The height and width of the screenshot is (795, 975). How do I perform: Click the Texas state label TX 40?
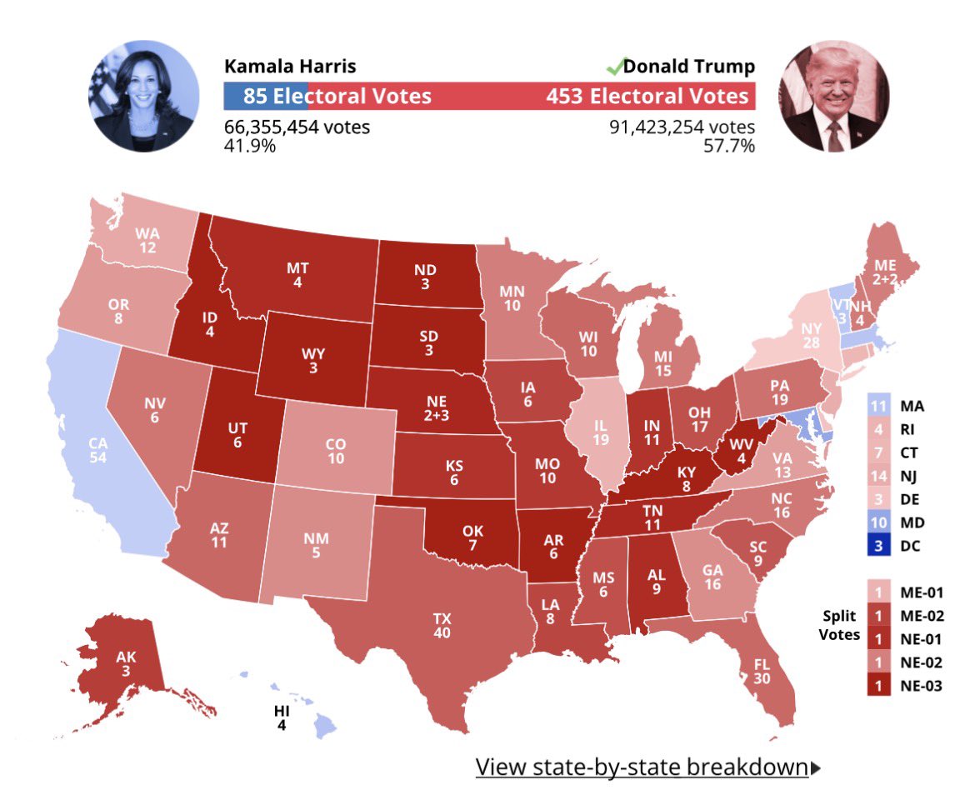pos(442,626)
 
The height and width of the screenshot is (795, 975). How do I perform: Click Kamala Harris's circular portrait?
pos(143,96)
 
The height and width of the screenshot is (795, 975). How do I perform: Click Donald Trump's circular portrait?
pos(833,96)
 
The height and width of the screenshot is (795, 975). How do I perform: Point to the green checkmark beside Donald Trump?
pos(614,66)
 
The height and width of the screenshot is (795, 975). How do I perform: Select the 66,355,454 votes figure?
pos(297,127)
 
